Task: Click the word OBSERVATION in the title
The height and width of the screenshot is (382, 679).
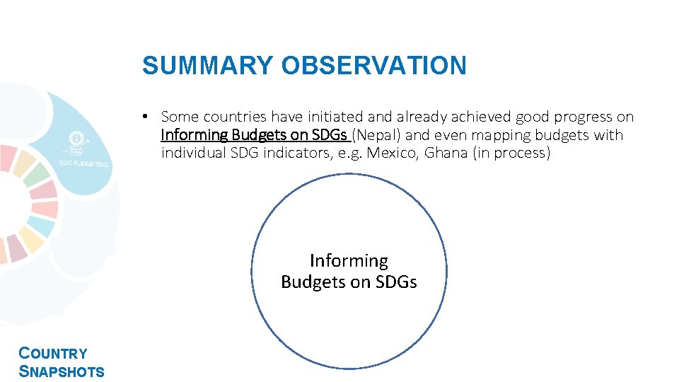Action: pyautogui.click(x=373, y=66)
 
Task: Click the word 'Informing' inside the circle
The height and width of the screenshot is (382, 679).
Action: pyautogui.click(x=349, y=261)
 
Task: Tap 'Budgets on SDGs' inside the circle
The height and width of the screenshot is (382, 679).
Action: pyautogui.click(x=349, y=282)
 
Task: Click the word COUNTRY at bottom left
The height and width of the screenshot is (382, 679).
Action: pyautogui.click(x=53, y=354)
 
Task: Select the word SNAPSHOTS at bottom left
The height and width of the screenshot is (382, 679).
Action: pyautogui.click(x=62, y=371)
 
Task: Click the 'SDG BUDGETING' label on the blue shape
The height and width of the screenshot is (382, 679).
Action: pyautogui.click(x=83, y=164)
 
